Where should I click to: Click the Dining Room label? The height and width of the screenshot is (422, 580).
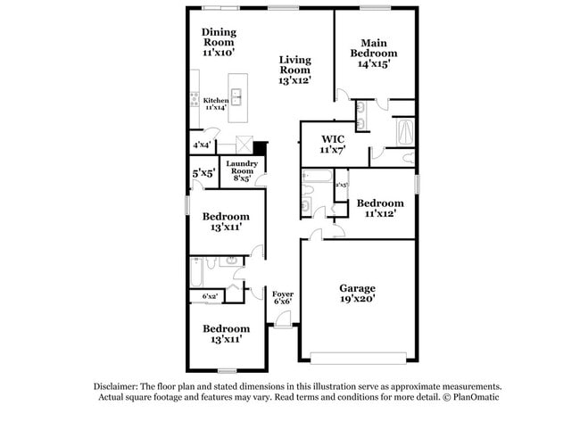(219, 42)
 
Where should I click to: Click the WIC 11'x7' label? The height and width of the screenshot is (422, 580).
(333, 145)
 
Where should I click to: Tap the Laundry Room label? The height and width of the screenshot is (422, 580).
(241, 170)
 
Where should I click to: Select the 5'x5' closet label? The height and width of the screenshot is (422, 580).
(203, 173)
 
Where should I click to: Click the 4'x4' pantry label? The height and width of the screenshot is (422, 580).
(201, 144)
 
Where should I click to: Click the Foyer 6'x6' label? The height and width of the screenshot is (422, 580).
(283, 297)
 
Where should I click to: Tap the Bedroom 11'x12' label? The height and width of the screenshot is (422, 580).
(378, 208)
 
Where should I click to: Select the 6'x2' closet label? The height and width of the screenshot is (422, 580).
(210, 295)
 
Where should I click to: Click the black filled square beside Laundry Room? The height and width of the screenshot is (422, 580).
(260, 148)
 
